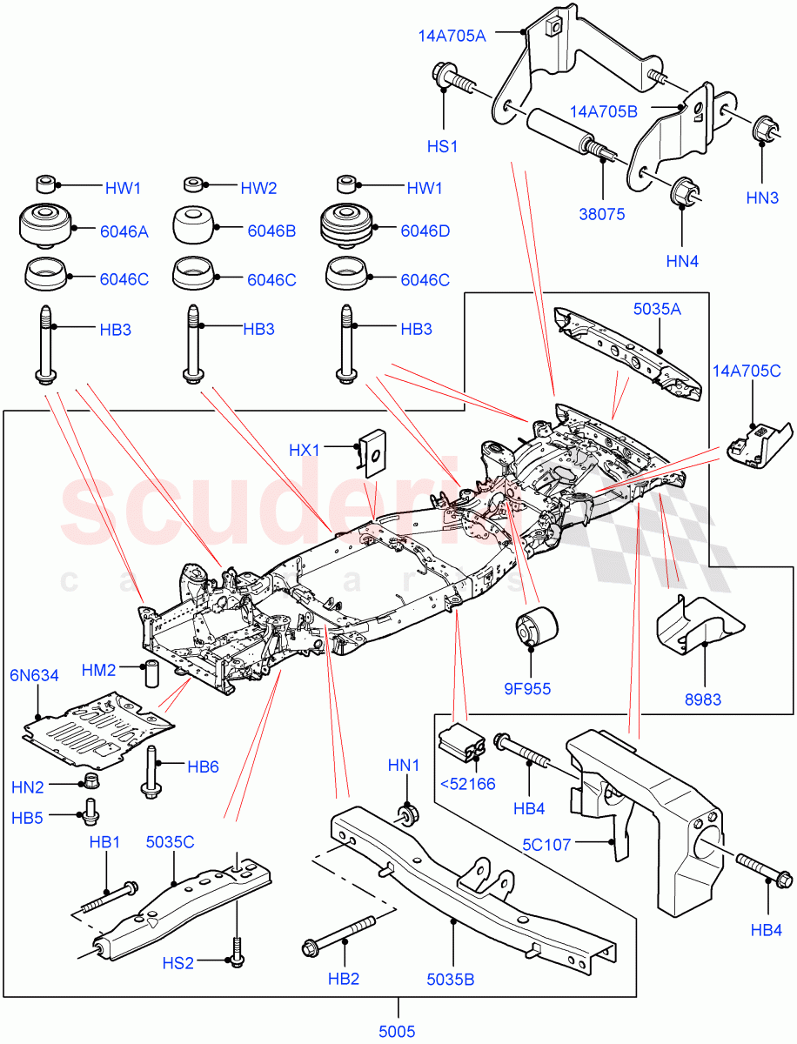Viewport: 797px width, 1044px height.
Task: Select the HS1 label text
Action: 442,147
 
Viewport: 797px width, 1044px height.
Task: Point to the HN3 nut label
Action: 763,199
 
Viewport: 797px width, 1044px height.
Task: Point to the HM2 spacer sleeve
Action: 153,673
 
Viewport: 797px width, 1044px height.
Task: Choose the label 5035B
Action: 450,979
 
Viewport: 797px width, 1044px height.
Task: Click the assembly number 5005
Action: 398,1031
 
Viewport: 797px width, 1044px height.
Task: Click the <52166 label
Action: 467,783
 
